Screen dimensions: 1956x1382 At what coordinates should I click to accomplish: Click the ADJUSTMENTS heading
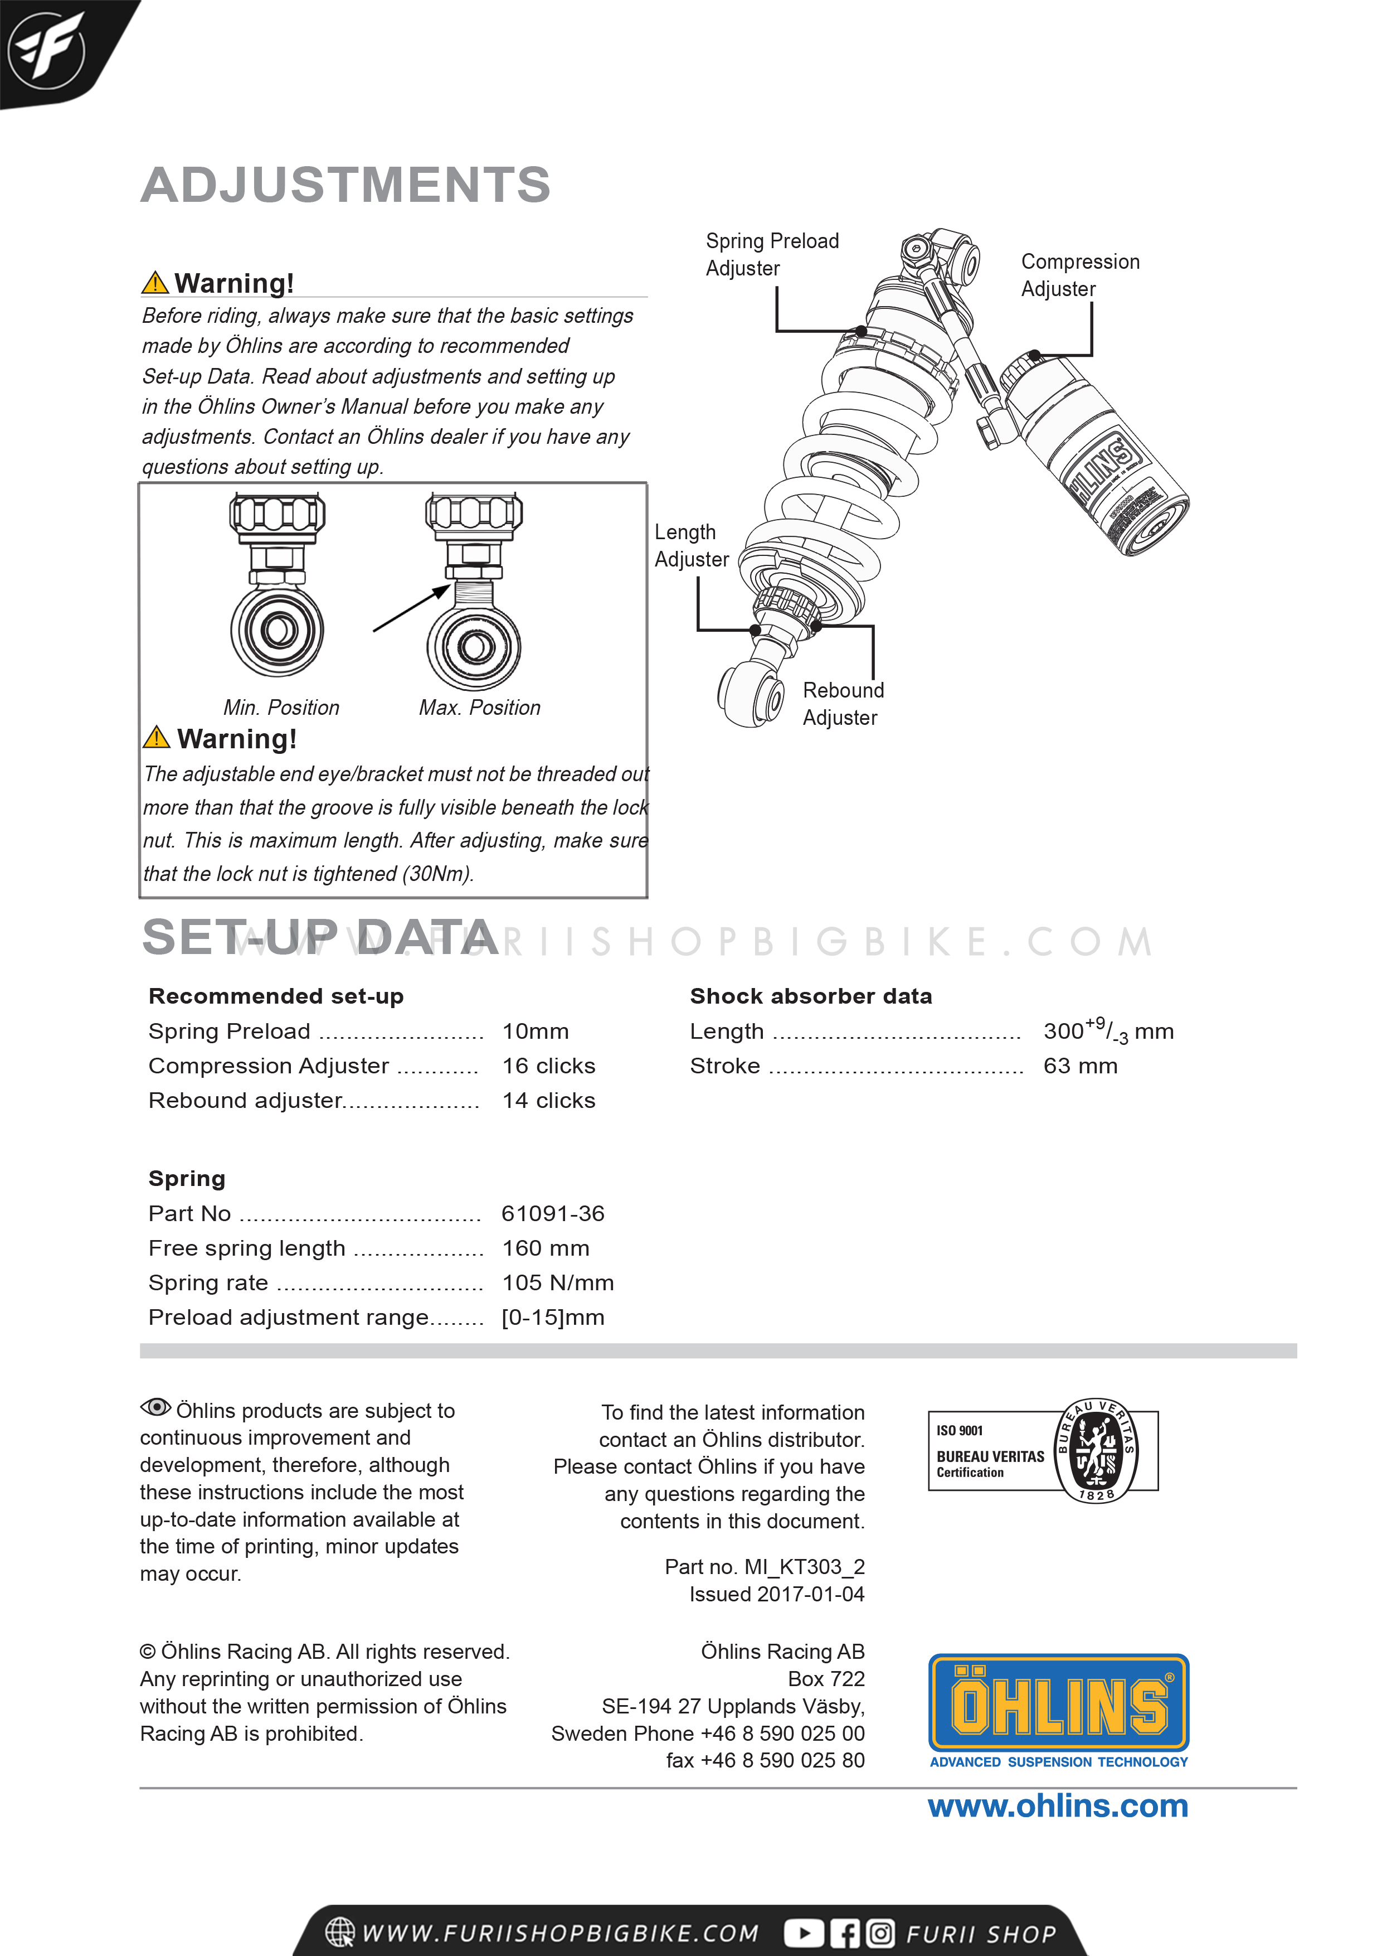point(345,185)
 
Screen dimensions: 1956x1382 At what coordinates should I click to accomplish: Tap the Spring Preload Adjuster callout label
point(771,255)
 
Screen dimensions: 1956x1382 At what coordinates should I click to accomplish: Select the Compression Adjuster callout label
point(1080,275)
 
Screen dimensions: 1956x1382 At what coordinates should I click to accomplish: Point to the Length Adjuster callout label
point(690,545)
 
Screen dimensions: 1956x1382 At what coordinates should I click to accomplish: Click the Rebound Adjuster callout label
point(843,704)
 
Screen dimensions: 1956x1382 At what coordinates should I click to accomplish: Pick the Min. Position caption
point(281,708)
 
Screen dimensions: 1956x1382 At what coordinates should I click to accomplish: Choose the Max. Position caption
point(479,708)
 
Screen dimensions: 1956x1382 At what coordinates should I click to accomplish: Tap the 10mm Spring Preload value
point(535,1032)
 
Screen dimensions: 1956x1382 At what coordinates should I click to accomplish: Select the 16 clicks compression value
point(548,1067)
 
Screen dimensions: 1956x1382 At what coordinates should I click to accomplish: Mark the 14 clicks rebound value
point(548,1101)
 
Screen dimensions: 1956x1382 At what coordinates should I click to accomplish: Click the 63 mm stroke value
point(1080,1067)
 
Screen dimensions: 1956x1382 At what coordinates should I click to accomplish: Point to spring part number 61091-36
point(553,1214)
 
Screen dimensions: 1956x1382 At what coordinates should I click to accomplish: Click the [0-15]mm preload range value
point(553,1318)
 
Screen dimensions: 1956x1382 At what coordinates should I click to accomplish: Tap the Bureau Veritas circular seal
point(1096,1451)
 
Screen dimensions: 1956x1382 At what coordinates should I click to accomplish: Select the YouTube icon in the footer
point(803,1934)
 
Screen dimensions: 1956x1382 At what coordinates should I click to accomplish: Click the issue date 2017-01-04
point(810,1595)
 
